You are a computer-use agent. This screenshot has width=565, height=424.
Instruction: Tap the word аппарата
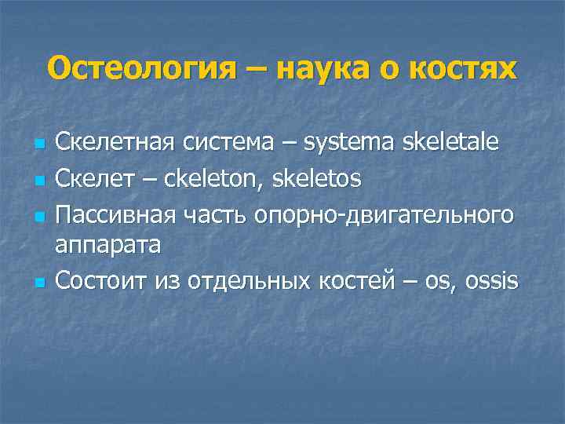(108, 245)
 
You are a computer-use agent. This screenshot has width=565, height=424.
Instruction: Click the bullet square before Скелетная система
(37, 145)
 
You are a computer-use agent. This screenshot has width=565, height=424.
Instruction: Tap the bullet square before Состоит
(37, 280)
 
